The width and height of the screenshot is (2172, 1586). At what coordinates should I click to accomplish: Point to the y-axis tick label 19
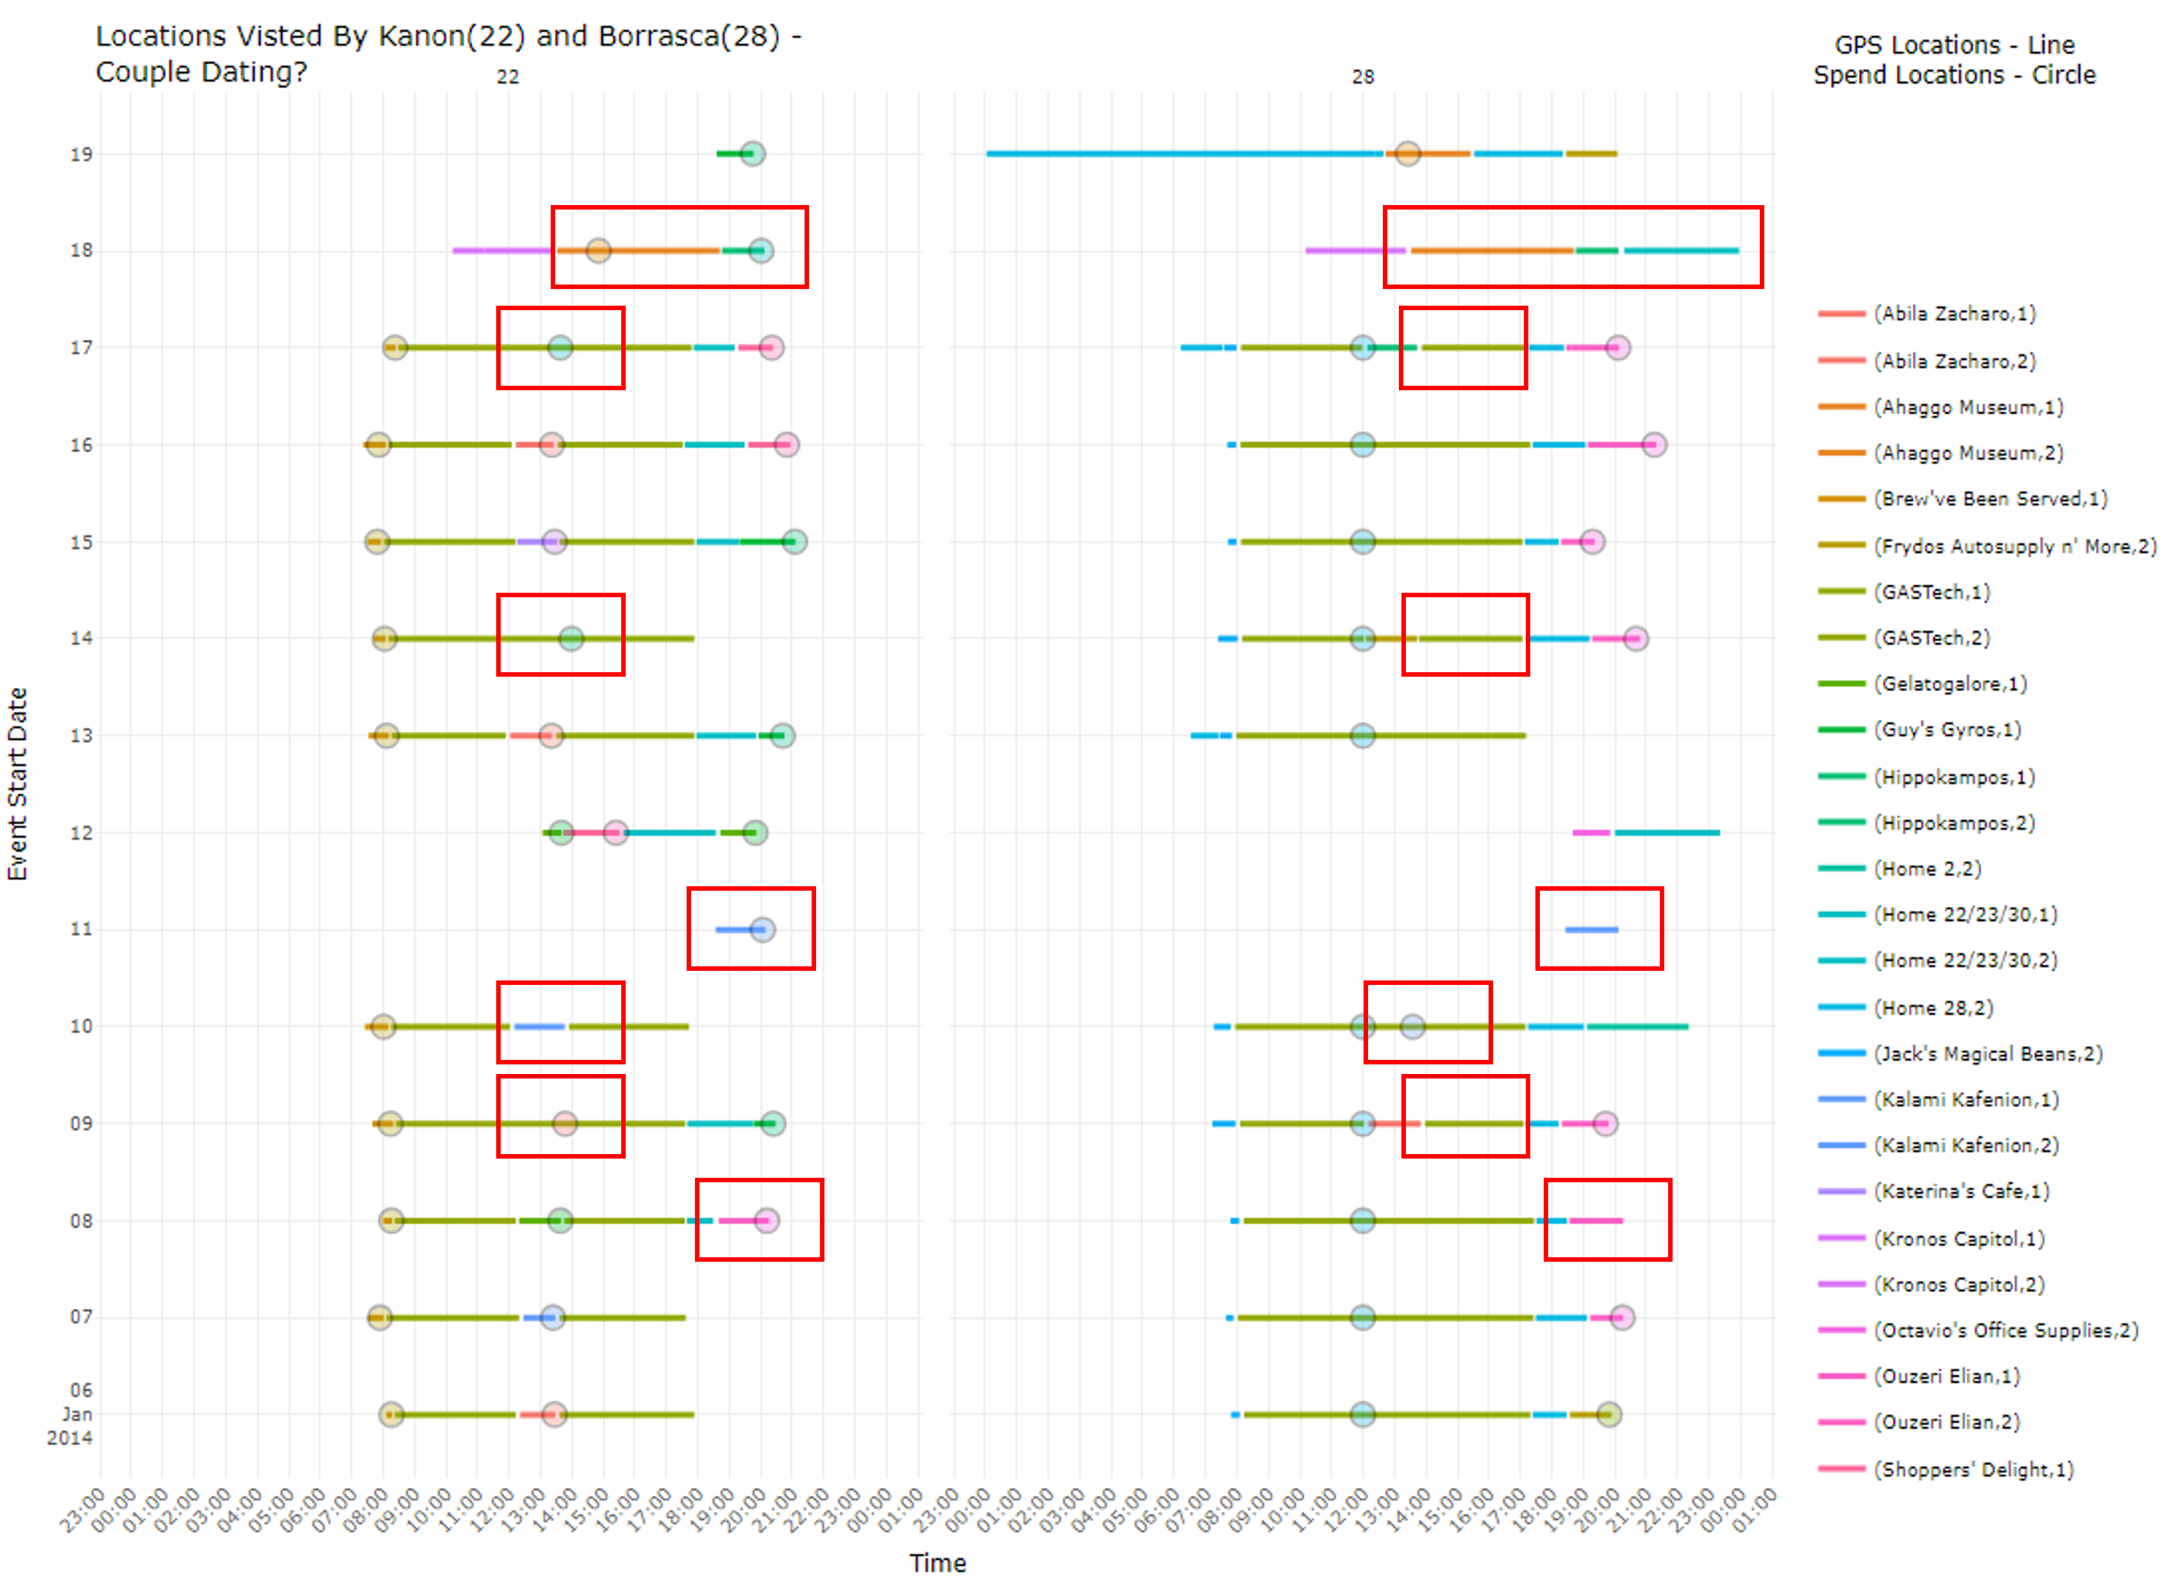click(81, 154)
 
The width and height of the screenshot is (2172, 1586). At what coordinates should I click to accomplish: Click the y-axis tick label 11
click(81, 929)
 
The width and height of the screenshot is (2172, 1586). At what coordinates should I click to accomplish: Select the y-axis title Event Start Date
click(17, 784)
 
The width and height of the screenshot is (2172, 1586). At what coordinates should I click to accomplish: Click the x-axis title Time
click(938, 1563)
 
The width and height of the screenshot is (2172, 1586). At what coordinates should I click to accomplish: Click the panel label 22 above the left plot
click(508, 77)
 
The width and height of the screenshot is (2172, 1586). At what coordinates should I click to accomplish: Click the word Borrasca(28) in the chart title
click(689, 37)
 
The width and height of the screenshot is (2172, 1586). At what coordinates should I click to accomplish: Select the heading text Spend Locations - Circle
click(1954, 75)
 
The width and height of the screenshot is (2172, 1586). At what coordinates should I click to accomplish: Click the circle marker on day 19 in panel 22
click(753, 154)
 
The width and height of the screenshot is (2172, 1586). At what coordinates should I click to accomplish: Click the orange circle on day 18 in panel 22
click(598, 251)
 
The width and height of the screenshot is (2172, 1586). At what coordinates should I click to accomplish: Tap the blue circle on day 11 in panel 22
click(762, 929)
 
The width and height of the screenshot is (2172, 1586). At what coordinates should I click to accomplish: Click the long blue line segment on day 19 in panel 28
click(1184, 154)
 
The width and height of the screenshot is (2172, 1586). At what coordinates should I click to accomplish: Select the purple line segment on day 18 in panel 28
click(1355, 251)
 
